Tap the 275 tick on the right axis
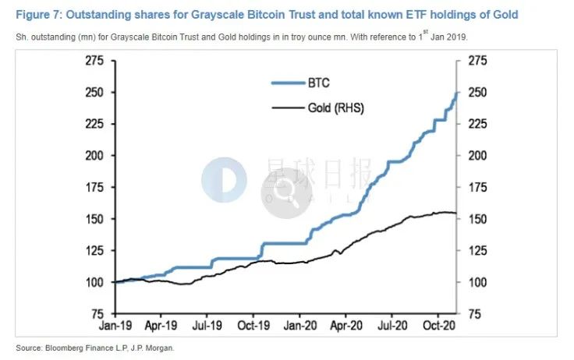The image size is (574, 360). pyautogui.click(x=477, y=60)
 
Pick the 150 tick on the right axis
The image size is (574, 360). pyautogui.click(x=477, y=219)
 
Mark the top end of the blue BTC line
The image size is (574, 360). pyautogui.click(x=456, y=92)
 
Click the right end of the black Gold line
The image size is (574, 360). pyautogui.click(x=456, y=214)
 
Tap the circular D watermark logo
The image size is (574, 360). pyautogui.click(x=224, y=180)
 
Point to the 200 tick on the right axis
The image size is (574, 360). pyautogui.click(x=477, y=155)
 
